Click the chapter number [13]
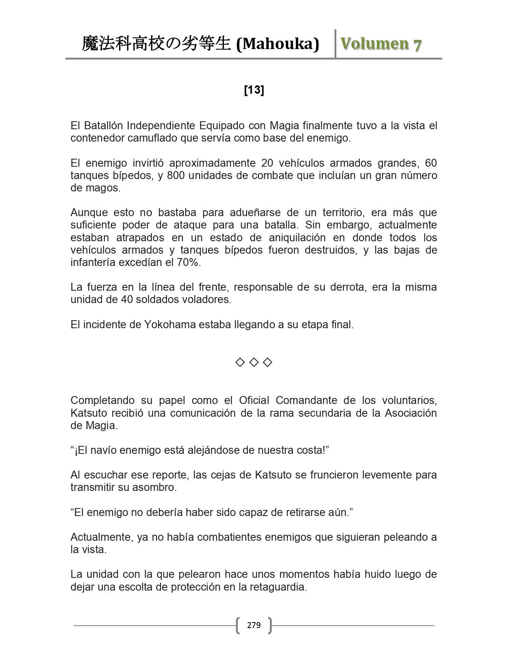254,91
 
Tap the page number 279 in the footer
254,625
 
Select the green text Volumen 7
381,44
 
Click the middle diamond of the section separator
254,362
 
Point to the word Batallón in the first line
104,126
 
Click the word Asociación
410,413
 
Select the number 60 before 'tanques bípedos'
431,163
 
